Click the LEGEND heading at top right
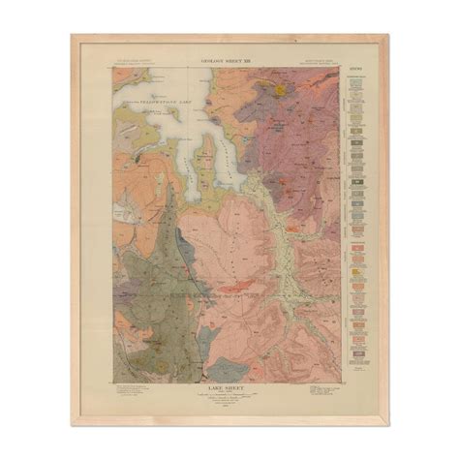point(354,69)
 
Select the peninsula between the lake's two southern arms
point(206,155)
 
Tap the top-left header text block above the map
point(135,62)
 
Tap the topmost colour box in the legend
point(355,79)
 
